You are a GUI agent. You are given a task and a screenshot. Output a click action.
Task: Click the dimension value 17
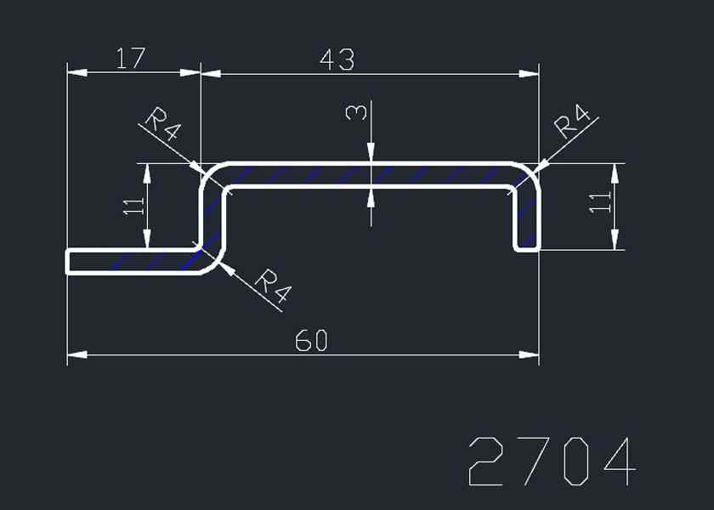coord(131,59)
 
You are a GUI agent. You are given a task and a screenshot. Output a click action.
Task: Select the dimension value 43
coord(337,60)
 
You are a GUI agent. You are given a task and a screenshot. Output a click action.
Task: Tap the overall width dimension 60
coord(311,341)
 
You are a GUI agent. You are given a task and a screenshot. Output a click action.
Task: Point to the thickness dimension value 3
coord(359,112)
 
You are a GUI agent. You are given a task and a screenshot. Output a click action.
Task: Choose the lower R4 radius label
coord(273,286)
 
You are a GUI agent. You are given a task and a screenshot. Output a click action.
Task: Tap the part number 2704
coord(552,462)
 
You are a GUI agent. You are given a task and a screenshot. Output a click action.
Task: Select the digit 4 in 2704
coord(616,462)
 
